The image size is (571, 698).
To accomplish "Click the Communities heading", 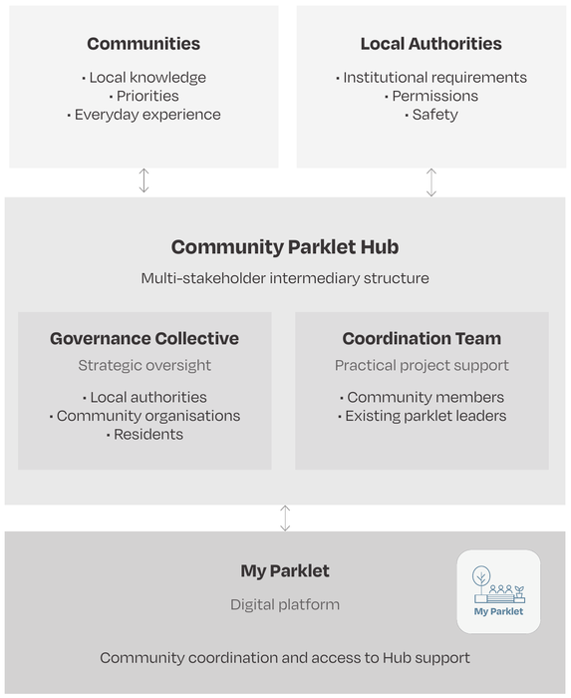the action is (x=143, y=44).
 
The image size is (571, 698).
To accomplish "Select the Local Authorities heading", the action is (x=430, y=44).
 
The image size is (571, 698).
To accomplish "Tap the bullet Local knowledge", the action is (x=144, y=78).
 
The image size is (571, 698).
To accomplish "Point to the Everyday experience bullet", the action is (x=144, y=115).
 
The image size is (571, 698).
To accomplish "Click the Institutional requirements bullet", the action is (x=431, y=78).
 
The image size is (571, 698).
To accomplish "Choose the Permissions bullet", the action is (x=431, y=96).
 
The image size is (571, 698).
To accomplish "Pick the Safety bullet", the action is (x=431, y=115).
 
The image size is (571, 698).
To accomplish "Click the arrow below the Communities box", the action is (x=143, y=180).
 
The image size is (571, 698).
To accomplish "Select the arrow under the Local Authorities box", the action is (x=431, y=182).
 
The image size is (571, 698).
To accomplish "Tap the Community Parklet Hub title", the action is (x=285, y=247).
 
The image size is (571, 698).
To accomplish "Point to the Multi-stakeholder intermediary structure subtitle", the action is (x=285, y=278).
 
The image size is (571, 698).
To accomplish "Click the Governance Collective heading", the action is (x=144, y=338).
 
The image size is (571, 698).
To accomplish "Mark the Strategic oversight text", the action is (x=144, y=366).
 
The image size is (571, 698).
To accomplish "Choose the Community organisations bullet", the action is (x=144, y=416).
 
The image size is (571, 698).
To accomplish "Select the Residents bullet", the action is (x=144, y=434).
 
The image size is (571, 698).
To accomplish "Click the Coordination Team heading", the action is (x=422, y=338).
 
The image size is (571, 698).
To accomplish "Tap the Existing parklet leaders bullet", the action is (x=423, y=416).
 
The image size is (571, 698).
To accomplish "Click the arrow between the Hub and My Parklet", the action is (x=285, y=519).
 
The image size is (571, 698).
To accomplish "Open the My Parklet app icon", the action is (x=498, y=591).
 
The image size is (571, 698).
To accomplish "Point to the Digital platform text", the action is (x=285, y=604).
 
